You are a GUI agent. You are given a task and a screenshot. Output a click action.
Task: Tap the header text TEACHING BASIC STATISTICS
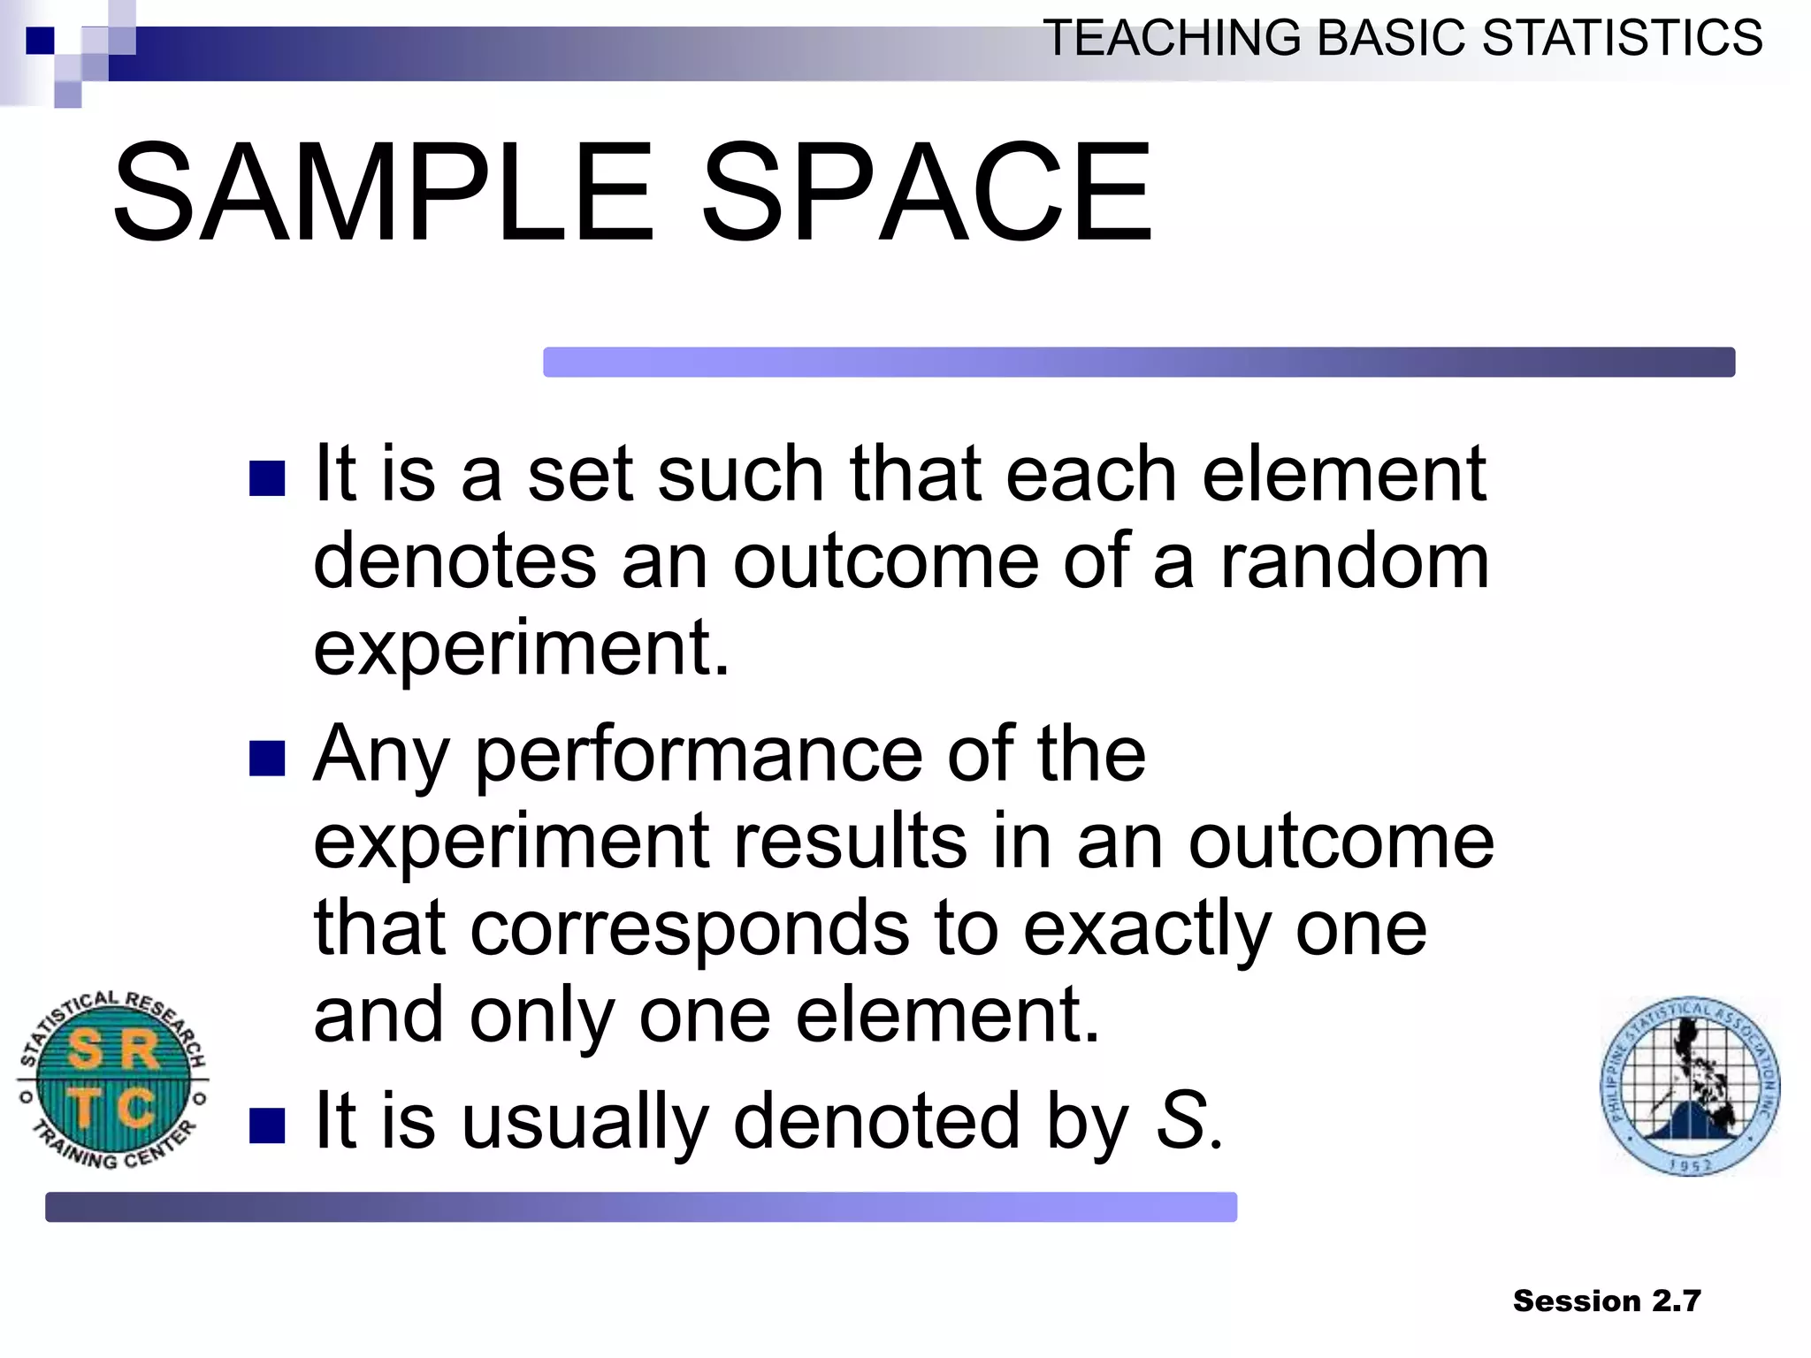[x=1402, y=38]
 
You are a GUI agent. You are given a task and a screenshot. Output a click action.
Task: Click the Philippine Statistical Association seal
[x=1690, y=1087]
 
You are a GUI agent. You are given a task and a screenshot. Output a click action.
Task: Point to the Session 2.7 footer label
[x=1606, y=1301]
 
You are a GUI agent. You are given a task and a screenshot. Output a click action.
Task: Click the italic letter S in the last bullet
[x=1182, y=1120]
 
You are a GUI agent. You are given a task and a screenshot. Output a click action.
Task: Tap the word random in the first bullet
[x=1354, y=561]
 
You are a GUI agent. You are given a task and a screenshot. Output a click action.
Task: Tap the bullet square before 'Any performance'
[x=267, y=758]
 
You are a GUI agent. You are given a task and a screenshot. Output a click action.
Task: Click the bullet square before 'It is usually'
[x=267, y=1125]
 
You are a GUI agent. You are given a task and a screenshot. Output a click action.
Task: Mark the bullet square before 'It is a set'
[x=267, y=478]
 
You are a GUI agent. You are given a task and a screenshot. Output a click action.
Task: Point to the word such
[x=741, y=475]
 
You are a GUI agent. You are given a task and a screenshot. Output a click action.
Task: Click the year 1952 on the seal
[x=1691, y=1166]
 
